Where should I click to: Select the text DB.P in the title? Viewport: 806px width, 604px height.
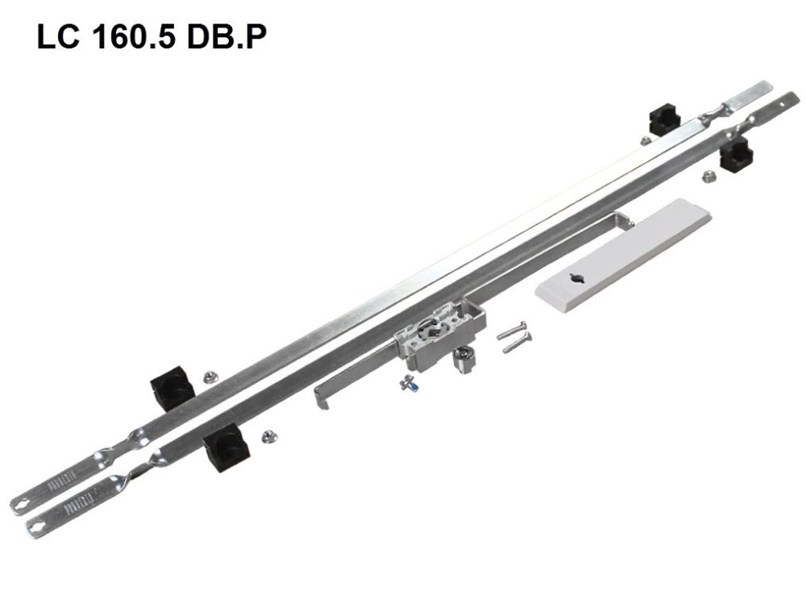[x=231, y=38]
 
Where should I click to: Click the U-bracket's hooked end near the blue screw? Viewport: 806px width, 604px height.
[x=321, y=395]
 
